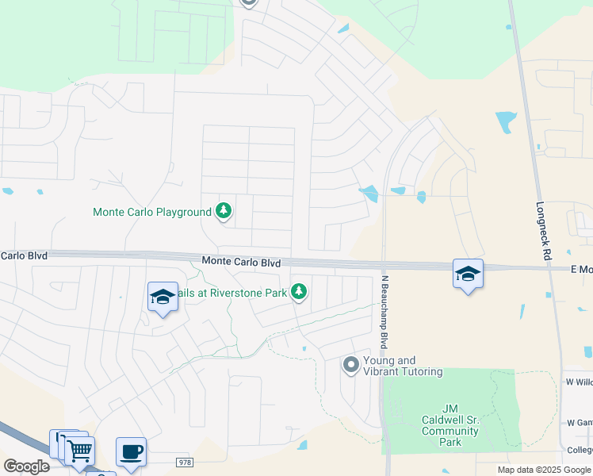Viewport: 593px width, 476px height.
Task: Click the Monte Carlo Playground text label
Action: pyautogui.click(x=152, y=212)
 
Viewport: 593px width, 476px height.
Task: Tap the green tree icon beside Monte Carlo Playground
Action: pyautogui.click(x=224, y=211)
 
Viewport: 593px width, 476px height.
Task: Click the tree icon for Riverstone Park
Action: pyautogui.click(x=299, y=293)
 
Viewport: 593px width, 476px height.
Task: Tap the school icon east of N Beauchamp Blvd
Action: pyautogui.click(x=468, y=274)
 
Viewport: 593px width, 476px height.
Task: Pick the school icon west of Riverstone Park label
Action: pyautogui.click(x=163, y=297)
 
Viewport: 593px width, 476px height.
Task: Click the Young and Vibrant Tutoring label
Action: pyautogui.click(x=403, y=366)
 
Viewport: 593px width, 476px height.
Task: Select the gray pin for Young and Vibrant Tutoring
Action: pyautogui.click(x=351, y=365)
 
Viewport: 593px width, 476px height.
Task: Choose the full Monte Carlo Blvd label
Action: pyautogui.click(x=241, y=262)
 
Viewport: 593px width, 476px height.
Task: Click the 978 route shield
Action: pyautogui.click(x=183, y=462)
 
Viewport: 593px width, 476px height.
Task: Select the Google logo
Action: pyautogui.click(x=27, y=466)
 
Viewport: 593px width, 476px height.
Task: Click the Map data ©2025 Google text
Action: pyautogui.click(x=545, y=470)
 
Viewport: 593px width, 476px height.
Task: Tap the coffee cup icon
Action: pyautogui.click(x=131, y=452)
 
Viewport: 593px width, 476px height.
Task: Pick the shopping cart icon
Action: pyautogui.click(x=79, y=451)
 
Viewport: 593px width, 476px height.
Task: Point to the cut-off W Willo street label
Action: pyautogui.click(x=580, y=382)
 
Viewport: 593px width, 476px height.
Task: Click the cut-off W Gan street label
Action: pyautogui.click(x=580, y=422)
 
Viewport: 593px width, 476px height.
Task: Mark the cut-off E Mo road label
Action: pyautogui.click(x=581, y=270)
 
